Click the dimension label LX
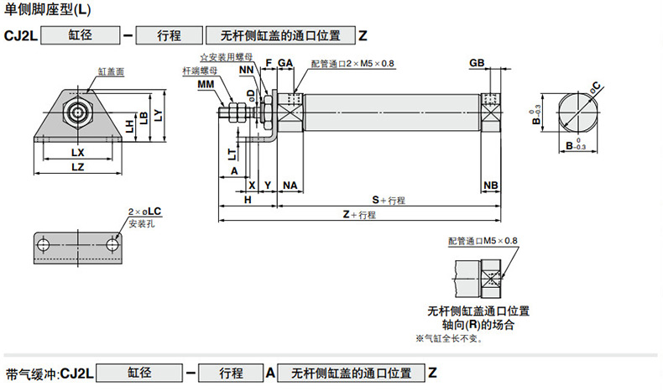pyautogui.click(x=78, y=153)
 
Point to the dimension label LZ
pyautogui.click(x=78, y=168)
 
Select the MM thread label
pyautogui.click(x=206, y=85)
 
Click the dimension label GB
pyautogui.click(x=477, y=64)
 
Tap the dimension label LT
pyautogui.click(x=231, y=154)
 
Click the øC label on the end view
pyautogui.click(x=595, y=85)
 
